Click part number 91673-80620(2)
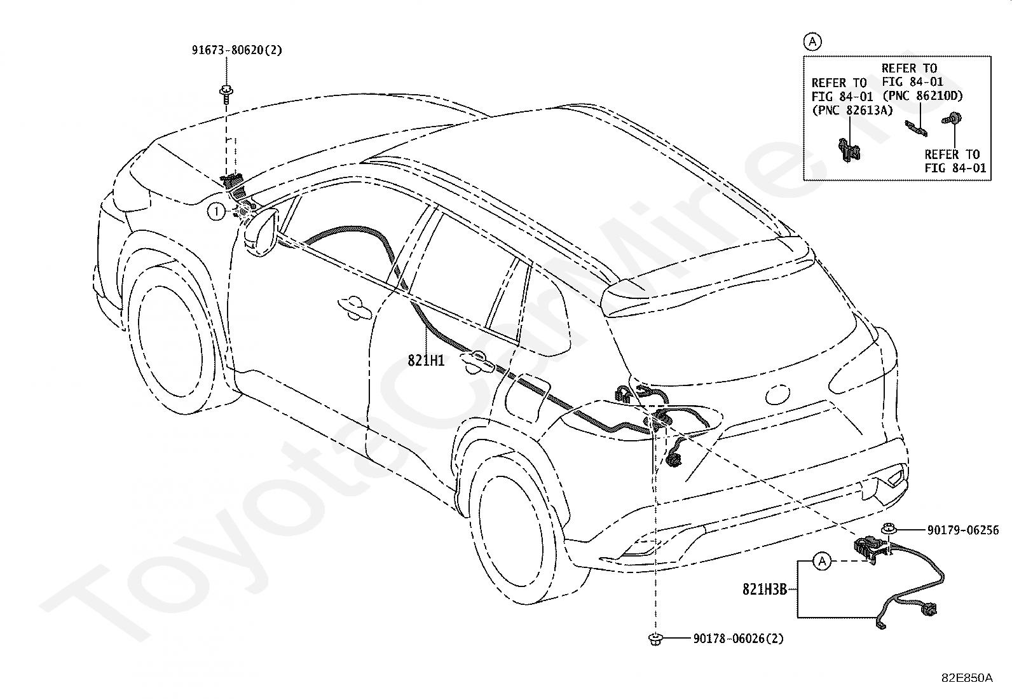click(236, 50)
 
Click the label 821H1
click(426, 361)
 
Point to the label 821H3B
click(765, 590)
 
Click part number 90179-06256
click(962, 530)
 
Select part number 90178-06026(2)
click(738, 639)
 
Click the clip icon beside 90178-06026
click(654, 639)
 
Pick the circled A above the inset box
click(812, 42)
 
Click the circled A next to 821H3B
click(823, 561)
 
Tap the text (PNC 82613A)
click(852, 110)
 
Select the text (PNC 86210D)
click(922, 95)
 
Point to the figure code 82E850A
click(966, 678)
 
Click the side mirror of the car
click(261, 233)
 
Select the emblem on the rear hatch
click(779, 394)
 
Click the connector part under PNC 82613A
click(848, 151)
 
